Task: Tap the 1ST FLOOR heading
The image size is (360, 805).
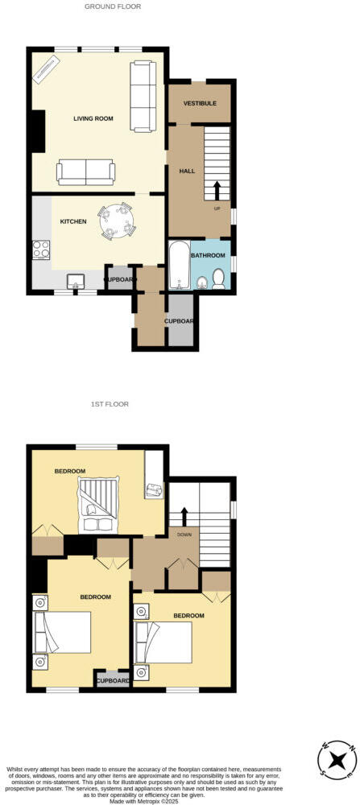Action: click(x=110, y=404)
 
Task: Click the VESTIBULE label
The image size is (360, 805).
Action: click(x=200, y=103)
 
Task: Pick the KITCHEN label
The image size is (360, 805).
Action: click(x=73, y=221)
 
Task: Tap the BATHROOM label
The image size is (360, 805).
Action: click(x=208, y=255)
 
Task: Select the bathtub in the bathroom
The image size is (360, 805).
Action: click(x=177, y=266)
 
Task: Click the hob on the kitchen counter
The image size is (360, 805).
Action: click(x=40, y=253)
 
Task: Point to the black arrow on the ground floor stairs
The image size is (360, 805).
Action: click(x=217, y=190)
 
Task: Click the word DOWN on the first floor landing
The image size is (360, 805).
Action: click(x=184, y=533)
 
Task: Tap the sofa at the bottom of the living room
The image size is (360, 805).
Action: click(x=85, y=170)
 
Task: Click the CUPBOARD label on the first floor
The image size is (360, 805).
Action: click(x=113, y=680)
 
